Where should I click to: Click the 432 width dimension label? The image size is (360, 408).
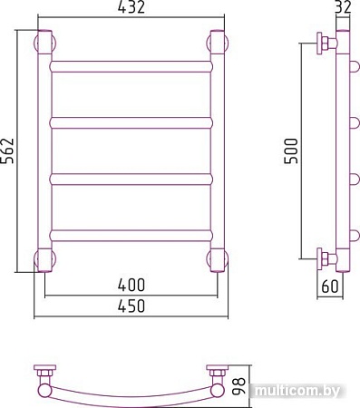coord(131,7)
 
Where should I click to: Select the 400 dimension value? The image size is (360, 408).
coord(131,285)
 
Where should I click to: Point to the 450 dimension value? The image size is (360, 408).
coord(131,306)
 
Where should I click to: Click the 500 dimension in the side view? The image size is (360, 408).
coord(291,151)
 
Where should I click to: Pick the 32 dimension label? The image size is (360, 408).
coord(343,7)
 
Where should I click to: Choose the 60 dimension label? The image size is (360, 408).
coord(330,287)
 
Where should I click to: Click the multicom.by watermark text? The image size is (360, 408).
coord(297,391)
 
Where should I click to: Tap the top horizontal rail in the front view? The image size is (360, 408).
coord(131,66)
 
